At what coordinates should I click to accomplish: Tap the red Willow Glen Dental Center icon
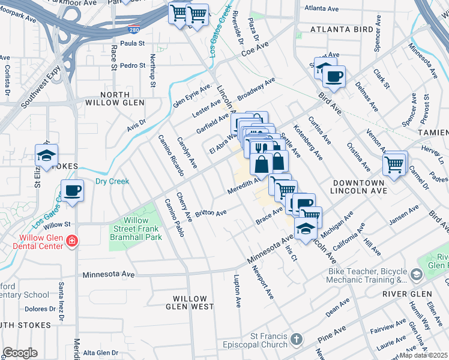[71, 241]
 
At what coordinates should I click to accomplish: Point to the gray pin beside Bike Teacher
[417, 275]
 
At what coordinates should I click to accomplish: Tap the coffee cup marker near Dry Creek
[72, 191]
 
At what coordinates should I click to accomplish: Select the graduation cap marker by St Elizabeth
[46, 155]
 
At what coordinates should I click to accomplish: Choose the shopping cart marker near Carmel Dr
[394, 163]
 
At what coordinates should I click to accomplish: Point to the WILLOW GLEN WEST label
[193, 302]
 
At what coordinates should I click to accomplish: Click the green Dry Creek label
[112, 181]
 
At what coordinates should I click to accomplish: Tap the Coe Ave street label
[254, 52]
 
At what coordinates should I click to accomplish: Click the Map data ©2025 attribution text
[424, 355]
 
